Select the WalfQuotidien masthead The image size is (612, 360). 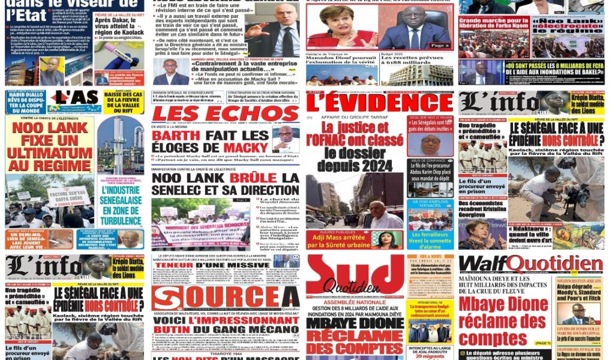(x=530, y=265)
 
